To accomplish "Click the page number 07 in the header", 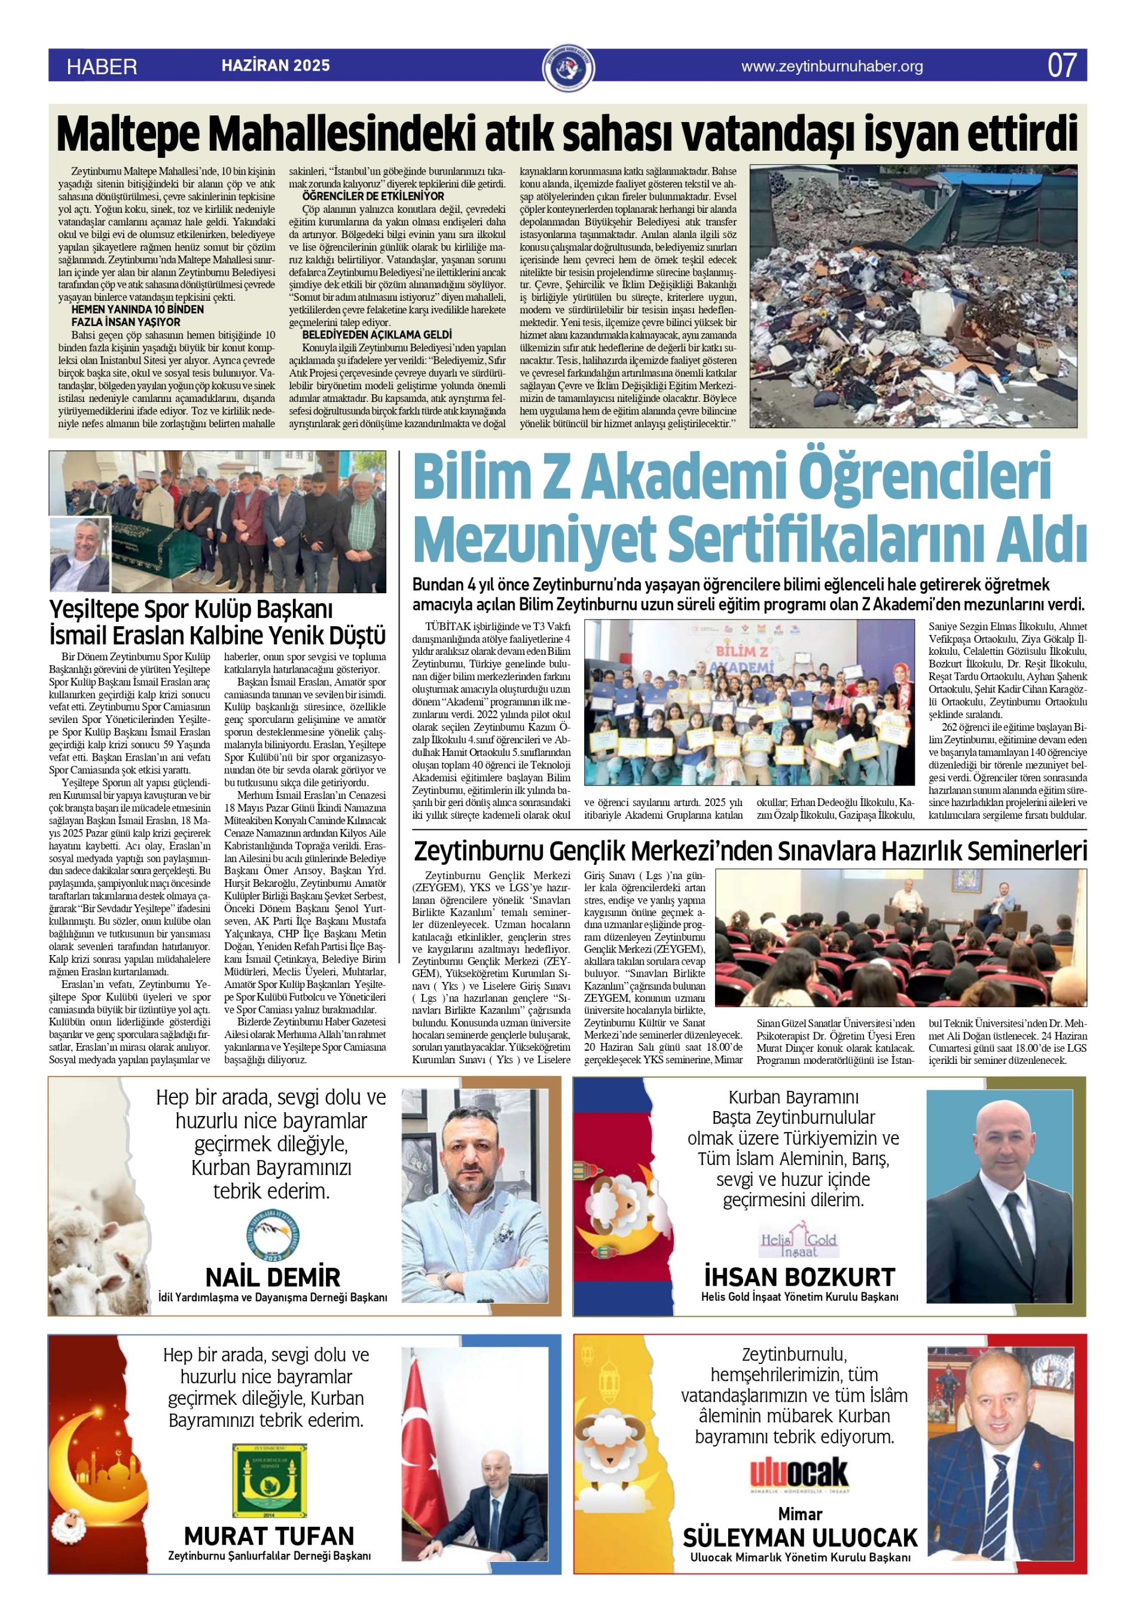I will (x=1062, y=66).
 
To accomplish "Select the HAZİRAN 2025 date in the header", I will (x=276, y=66).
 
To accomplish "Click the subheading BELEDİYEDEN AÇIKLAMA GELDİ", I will (x=377, y=334).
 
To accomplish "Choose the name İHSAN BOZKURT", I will (x=799, y=1277).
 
